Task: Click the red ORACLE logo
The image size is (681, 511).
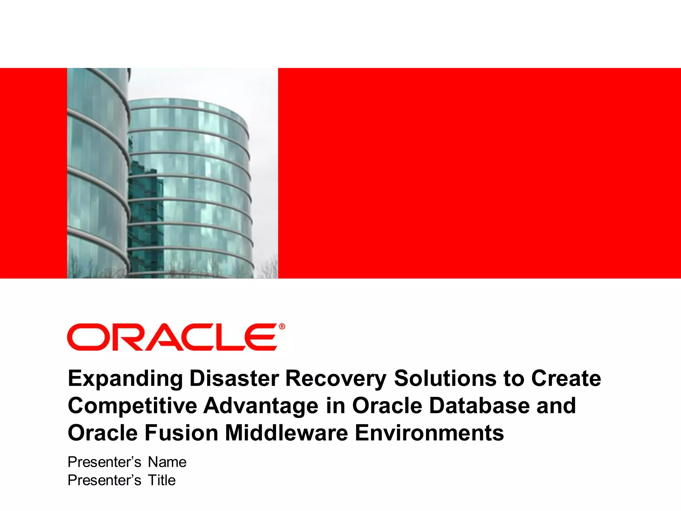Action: click(x=172, y=337)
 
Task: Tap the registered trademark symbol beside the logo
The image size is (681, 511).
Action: click(x=282, y=327)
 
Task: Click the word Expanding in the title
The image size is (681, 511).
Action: click(x=125, y=379)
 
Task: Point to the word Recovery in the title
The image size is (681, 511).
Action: click(x=336, y=379)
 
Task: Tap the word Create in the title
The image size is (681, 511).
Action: click(x=566, y=379)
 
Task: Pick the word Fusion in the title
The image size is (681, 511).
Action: click(x=181, y=433)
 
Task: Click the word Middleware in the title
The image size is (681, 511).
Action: click(x=286, y=433)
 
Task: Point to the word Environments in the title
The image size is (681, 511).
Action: click(x=429, y=433)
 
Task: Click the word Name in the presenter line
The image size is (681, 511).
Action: click(x=167, y=462)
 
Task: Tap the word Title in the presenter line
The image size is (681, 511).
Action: click(x=162, y=480)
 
